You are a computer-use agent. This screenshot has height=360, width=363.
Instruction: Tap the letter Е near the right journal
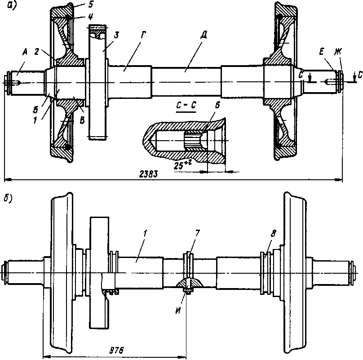[x=322, y=53]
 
